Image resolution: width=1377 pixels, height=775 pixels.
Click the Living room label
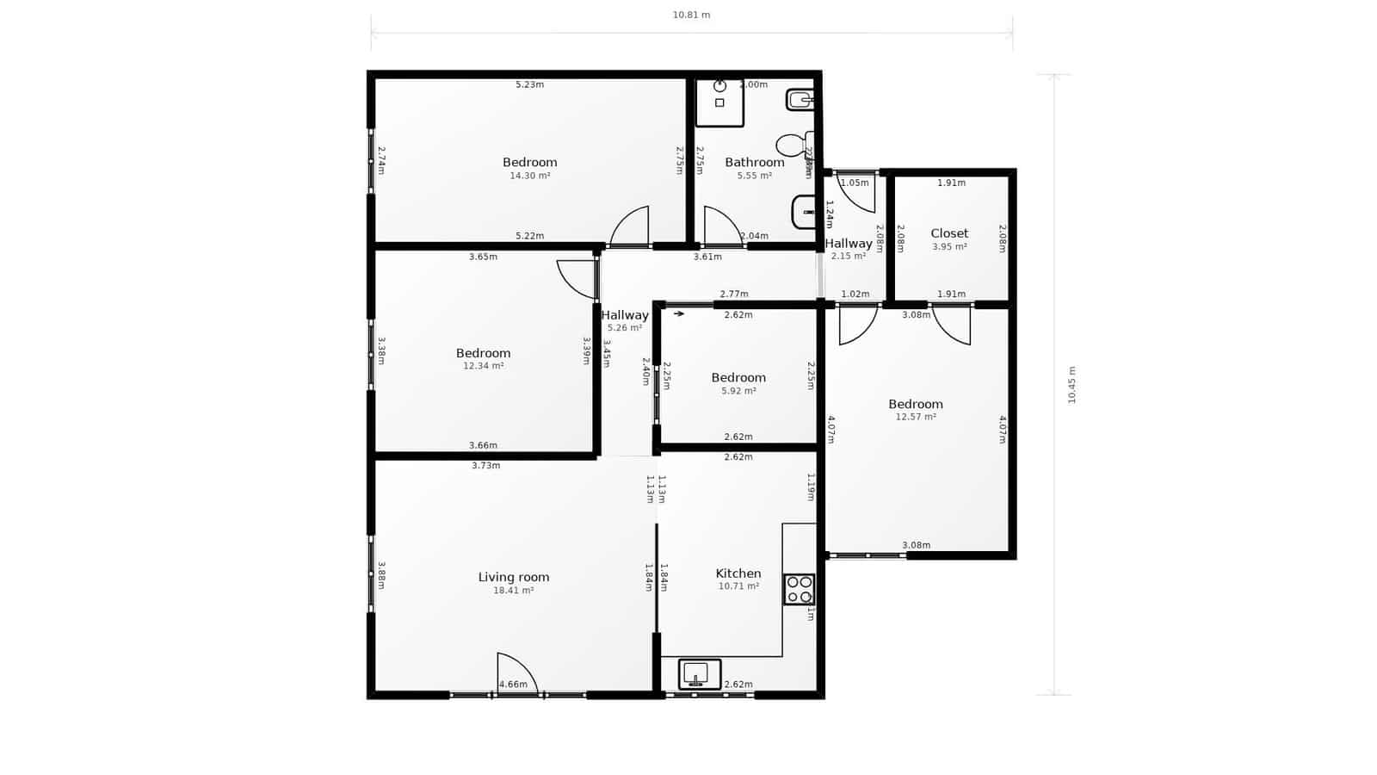click(514, 577)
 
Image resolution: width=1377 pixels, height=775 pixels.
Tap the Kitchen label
click(738, 573)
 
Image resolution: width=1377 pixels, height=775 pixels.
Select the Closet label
click(949, 233)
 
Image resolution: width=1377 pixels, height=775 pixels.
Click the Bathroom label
click(755, 162)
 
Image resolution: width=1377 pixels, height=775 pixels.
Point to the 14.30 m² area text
click(530, 176)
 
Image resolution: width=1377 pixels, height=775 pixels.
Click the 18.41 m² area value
click(514, 591)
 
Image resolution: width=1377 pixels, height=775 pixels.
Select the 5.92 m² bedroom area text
click(738, 391)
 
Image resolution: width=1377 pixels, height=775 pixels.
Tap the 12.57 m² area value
click(916, 417)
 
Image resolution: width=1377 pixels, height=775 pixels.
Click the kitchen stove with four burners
click(799, 589)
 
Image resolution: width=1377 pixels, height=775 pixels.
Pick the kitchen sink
click(699, 673)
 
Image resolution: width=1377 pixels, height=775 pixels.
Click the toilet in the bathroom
click(793, 144)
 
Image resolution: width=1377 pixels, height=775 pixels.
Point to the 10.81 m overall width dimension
click(691, 15)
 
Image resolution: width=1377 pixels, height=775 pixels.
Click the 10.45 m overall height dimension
click(1071, 385)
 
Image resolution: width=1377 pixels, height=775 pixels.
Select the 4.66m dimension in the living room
click(513, 685)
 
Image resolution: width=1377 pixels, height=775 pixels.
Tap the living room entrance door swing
click(516, 674)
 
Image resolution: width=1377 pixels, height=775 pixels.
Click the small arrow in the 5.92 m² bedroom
click(679, 314)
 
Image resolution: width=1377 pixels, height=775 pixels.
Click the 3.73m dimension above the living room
click(486, 466)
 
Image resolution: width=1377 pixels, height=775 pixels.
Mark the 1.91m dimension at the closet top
click(951, 183)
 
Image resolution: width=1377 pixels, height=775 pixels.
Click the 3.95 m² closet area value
click(949, 247)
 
